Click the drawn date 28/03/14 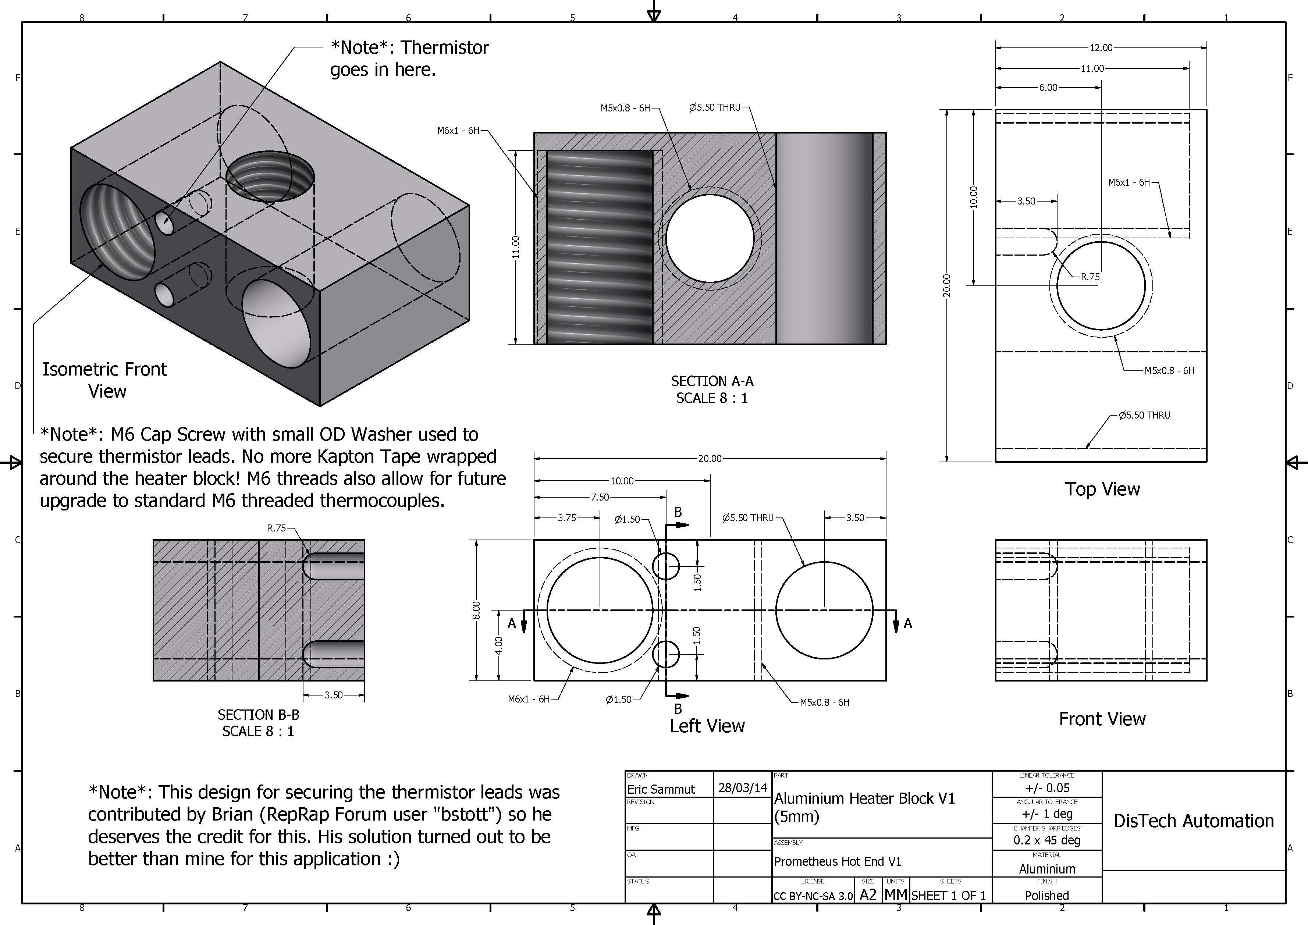742,788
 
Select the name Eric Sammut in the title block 661,789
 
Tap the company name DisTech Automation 1194,821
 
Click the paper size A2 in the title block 868,895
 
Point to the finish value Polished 1046,895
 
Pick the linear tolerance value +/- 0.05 1047,788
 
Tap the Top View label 1102,489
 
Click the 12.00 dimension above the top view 1101,48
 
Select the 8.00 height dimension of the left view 476,610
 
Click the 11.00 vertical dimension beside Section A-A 516,247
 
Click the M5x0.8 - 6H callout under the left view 824,702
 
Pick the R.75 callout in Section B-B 276,528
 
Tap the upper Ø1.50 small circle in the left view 666,566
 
